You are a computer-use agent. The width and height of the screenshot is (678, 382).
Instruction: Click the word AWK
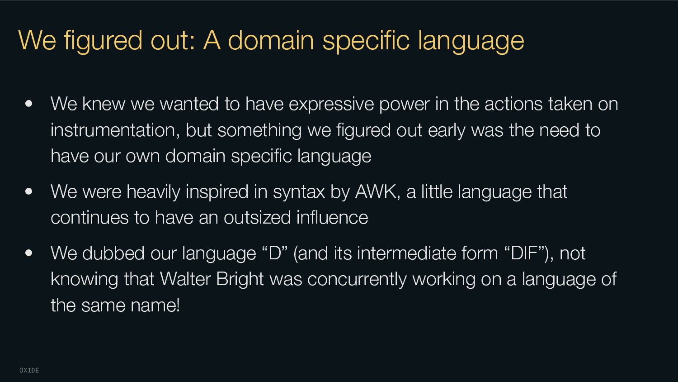pos(375,191)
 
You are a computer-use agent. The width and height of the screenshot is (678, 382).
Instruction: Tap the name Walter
pos(185,279)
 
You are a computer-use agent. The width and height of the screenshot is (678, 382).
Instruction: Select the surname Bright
pos(240,279)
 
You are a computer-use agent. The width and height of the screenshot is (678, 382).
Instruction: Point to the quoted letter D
pos(275,253)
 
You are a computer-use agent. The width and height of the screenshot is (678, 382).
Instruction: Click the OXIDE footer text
pos(29,370)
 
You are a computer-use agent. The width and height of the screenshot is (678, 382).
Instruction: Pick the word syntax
pos(299,192)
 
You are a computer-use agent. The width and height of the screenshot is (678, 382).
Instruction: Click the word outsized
pos(257,218)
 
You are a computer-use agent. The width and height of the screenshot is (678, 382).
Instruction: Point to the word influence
pos(332,218)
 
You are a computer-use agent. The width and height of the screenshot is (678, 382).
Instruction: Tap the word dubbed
pos(113,253)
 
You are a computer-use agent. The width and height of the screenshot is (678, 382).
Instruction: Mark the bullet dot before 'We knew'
pos(29,104)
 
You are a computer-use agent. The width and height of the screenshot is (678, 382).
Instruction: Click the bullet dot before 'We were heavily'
pos(29,191)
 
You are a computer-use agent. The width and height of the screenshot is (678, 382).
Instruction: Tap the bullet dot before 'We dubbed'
pos(29,253)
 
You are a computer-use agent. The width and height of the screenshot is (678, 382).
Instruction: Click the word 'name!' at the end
pos(155,306)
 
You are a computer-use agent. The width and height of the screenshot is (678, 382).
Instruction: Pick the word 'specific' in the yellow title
pos(366,41)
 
